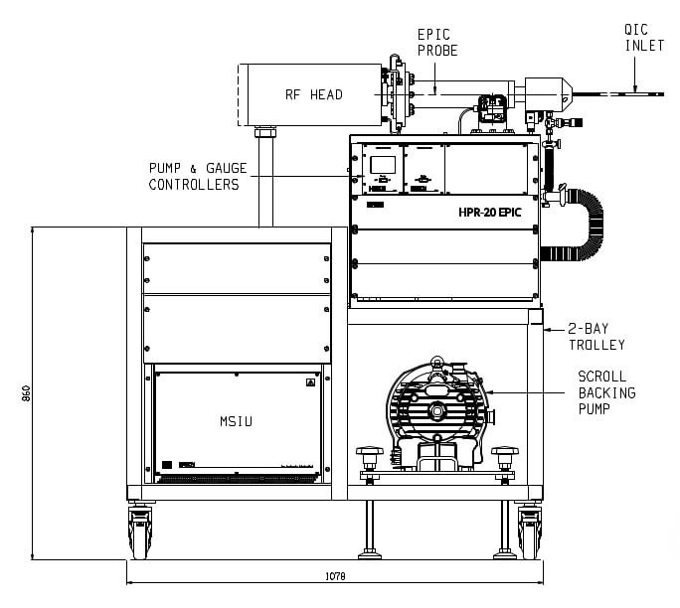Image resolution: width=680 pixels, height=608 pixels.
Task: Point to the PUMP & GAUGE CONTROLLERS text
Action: pos(194,177)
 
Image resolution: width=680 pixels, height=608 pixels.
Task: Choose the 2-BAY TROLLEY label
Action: pos(596,336)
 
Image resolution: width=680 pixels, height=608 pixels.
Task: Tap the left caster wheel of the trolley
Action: pos(139,534)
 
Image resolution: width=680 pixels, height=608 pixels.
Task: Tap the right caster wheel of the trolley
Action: pos(528,534)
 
